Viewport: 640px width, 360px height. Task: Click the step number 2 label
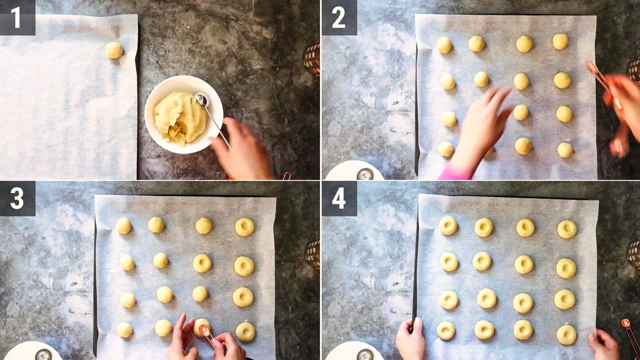339,17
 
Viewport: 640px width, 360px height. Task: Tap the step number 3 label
17,199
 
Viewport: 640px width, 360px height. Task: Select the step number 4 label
339,199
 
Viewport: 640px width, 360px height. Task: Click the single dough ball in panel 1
113,50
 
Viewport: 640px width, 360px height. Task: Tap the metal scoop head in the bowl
201,100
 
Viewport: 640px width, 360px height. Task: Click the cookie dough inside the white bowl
179,117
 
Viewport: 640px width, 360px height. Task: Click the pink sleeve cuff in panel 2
454,172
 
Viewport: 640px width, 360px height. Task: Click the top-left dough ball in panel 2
444,45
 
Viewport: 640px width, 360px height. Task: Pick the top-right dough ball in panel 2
560,41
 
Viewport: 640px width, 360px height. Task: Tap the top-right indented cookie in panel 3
244,227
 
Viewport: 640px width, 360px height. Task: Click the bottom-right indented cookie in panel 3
245,332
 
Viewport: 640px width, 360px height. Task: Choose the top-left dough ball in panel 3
123,225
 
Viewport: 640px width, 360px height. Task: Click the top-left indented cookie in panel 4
448,225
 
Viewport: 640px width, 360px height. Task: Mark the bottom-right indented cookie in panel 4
567,335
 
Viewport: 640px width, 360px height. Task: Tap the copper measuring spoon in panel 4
630,335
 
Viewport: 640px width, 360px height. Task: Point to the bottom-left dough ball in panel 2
445,149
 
